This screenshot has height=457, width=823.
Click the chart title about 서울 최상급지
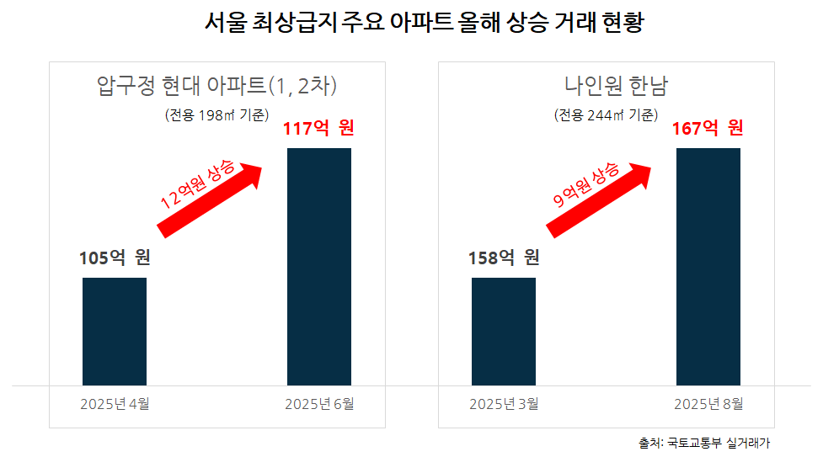point(411,23)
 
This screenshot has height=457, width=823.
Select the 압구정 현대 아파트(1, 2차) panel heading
point(217,86)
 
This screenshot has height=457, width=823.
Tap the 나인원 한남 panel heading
point(605,86)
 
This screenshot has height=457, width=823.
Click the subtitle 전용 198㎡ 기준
point(216,115)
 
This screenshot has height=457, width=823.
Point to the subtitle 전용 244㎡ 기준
point(606,115)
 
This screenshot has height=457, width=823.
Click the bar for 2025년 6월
point(319,267)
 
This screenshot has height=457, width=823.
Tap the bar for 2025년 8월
point(708,267)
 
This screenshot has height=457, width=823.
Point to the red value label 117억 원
point(319,129)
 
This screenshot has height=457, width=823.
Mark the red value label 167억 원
point(708,129)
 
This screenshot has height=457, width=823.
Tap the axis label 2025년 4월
point(115,404)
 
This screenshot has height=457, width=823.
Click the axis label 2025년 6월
point(319,404)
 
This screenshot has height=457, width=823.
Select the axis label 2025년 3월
point(504,404)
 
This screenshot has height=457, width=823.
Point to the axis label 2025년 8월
point(708,404)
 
